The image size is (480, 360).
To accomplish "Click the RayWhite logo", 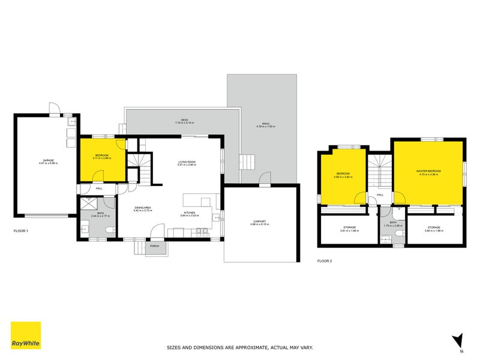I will (x=26, y=335).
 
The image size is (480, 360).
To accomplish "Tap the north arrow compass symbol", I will (x=458, y=340).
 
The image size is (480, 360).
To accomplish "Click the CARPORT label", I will (x=260, y=221).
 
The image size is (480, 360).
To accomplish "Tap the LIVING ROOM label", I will (x=187, y=162).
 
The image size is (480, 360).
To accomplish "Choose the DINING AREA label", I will (x=142, y=208).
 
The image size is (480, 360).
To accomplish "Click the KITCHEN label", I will (x=190, y=212).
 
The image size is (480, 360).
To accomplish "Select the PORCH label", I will (x=154, y=245).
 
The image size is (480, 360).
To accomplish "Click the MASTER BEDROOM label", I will (x=428, y=171).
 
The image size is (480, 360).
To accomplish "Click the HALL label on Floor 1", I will (x=99, y=188).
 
